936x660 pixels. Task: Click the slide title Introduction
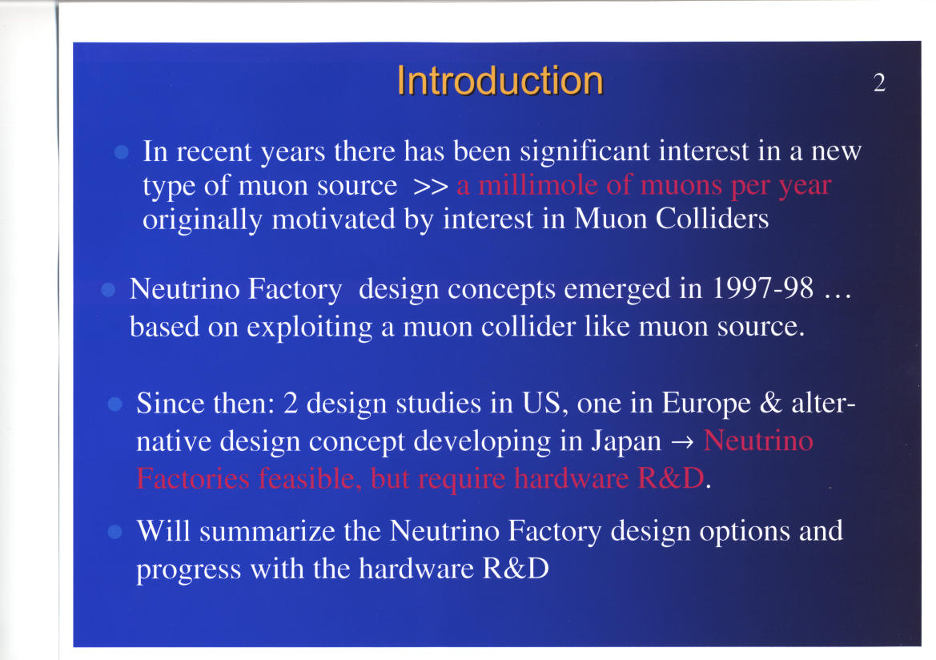pos(500,81)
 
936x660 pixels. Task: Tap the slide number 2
pos(879,82)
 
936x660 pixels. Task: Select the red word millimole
pos(538,184)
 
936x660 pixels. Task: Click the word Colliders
pos(712,219)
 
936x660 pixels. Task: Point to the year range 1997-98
pos(763,288)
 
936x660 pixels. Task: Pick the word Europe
pos(706,404)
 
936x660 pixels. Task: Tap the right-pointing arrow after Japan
pos(682,443)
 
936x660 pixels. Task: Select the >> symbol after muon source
pos(431,187)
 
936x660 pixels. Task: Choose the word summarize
pos(267,531)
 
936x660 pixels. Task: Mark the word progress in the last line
pos(189,569)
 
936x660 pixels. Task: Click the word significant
pos(584,151)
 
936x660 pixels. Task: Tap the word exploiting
pos(310,328)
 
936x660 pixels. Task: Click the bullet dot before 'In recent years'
pos(121,151)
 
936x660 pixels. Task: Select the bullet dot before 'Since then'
pos(114,404)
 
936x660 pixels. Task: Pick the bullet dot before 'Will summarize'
pos(114,532)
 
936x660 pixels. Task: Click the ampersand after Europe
pos(770,403)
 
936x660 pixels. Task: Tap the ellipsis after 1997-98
pos(838,296)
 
